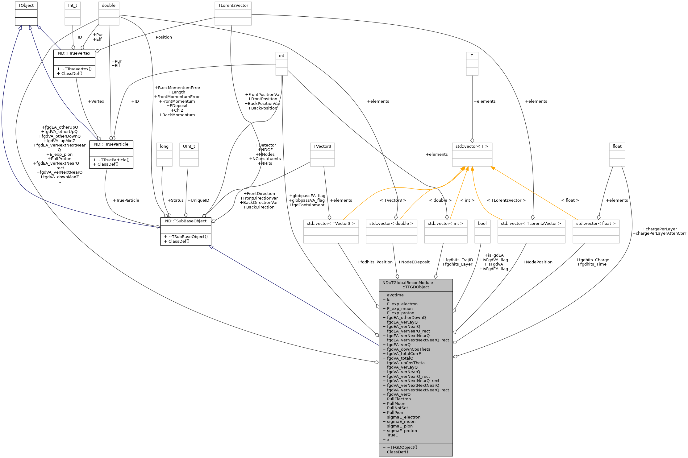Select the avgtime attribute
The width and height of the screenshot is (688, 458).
[x=395, y=295]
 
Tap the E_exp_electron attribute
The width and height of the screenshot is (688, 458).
[x=402, y=304]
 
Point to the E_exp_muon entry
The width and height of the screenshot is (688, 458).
[x=399, y=309]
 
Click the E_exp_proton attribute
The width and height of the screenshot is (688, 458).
[x=400, y=313]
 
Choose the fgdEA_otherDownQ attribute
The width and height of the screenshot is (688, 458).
[x=406, y=318]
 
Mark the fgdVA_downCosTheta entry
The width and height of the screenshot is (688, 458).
[x=408, y=349]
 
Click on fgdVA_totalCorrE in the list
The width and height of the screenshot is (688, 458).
[x=404, y=354]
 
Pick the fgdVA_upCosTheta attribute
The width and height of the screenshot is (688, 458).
[x=406, y=363]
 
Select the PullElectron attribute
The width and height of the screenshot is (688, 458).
[x=399, y=399]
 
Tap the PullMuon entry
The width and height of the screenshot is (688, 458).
[x=396, y=404]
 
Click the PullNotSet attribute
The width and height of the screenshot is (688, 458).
[x=397, y=408]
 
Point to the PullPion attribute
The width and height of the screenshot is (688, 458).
[x=395, y=413]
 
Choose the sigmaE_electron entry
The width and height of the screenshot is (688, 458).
[x=403, y=417]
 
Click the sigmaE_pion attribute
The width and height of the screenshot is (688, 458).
[x=399, y=426]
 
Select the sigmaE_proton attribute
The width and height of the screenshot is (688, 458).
[x=402, y=431]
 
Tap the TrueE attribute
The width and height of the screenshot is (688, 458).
[x=392, y=435]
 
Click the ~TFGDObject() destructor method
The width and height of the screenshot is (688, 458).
[x=402, y=448]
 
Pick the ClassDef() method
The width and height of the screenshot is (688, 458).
[x=397, y=452]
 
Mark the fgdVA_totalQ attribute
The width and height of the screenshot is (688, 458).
[x=400, y=358]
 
